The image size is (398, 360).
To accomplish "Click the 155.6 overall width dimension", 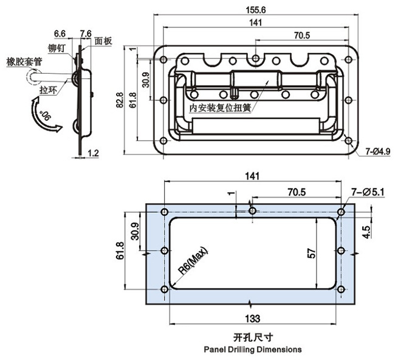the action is point(256,10).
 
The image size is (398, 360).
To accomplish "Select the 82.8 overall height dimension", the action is point(120,100).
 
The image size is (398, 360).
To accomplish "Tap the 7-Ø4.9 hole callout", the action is point(378,151).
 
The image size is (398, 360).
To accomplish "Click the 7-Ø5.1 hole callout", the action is point(368,192).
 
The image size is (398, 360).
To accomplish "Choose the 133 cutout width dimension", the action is point(253,318).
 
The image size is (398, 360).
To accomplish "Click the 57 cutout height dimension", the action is point(312,254).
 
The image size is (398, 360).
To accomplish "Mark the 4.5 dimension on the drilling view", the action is point(367,232).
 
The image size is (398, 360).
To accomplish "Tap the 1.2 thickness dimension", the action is point(93,153).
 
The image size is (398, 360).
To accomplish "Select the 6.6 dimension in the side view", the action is point(60,33).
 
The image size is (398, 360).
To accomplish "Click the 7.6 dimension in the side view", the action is point(86,33).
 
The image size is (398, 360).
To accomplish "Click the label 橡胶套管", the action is point(24,62).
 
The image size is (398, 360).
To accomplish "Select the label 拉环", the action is point(48,90).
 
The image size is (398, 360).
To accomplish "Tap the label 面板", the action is point(103,41).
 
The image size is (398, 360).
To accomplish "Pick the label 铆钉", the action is point(57,48).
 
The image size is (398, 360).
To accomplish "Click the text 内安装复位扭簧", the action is point(220,108).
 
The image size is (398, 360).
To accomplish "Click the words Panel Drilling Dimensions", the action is point(253,349).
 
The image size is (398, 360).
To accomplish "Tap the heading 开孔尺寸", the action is point(253,337).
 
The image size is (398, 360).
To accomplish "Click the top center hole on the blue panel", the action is point(253,210).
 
